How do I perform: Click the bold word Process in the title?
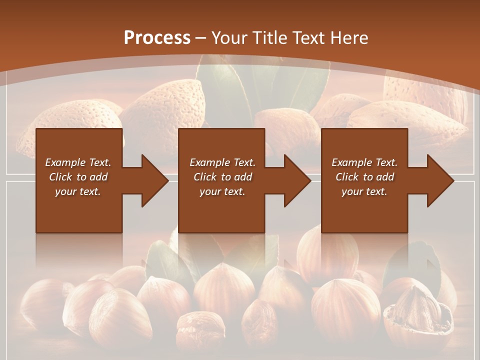[157, 38]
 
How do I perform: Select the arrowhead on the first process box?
[150, 180]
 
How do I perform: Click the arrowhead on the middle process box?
[292, 180]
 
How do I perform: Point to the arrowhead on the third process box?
[435, 180]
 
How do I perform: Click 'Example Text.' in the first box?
[78, 162]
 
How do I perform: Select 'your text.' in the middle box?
[222, 191]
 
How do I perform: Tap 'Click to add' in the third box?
[364, 177]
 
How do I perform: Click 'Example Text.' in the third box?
[364, 162]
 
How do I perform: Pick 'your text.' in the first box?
[78, 191]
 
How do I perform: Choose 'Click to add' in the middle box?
[222, 177]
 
